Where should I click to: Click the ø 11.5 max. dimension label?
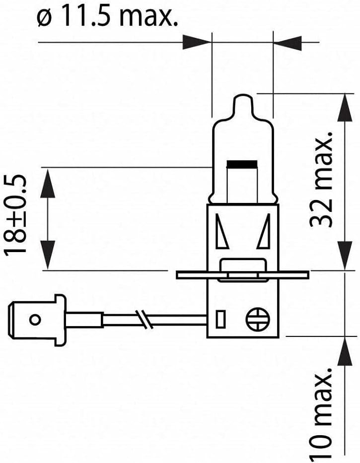pos(108,17)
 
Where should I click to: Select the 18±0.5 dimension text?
pos(15,215)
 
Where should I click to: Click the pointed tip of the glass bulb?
pos(243,95)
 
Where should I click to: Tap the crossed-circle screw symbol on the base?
pos(258,320)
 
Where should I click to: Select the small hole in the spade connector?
pos(35,320)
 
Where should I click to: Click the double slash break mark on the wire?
pos(144,320)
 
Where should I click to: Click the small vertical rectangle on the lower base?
pos(220,319)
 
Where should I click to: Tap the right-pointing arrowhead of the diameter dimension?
pos(197,43)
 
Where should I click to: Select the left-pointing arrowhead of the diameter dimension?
pos(288,43)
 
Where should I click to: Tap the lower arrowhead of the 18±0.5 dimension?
pos(47,255)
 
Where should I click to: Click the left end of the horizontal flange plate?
pos(177,275)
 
